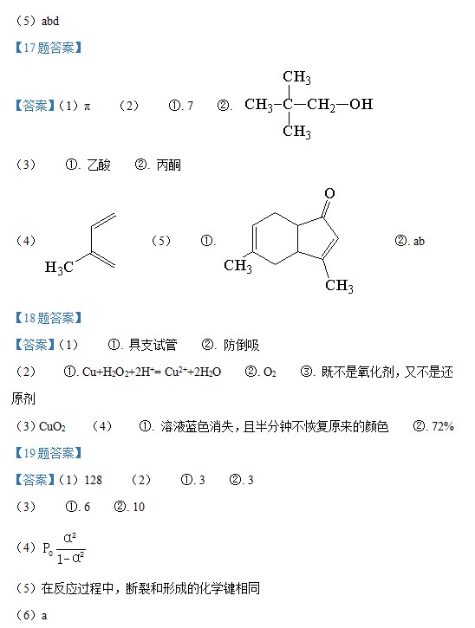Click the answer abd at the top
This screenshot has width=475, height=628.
(x=50, y=21)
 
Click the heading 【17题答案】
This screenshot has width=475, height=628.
(x=48, y=48)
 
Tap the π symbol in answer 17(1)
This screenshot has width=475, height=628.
(x=87, y=107)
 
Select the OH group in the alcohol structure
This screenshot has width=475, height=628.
(x=361, y=104)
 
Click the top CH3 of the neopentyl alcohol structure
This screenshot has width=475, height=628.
(x=296, y=77)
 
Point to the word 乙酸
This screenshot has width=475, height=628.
(x=99, y=165)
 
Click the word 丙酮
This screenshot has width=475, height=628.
(x=169, y=165)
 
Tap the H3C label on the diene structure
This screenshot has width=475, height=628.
(x=59, y=267)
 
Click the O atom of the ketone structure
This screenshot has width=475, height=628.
(x=329, y=193)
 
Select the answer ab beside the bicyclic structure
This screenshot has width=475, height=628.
(x=419, y=241)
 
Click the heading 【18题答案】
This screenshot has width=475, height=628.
(x=48, y=318)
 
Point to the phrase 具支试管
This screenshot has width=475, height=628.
(x=153, y=345)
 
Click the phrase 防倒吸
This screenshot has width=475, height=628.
(x=241, y=345)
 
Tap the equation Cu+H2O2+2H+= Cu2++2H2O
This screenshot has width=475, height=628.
(x=152, y=372)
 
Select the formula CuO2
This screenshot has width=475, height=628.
(x=53, y=426)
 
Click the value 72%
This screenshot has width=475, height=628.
(x=443, y=426)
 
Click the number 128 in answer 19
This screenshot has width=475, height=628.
(x=93, y=480)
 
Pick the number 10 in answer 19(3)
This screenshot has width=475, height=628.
(x=139, y=507)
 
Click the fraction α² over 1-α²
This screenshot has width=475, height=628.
(x=70, y=548)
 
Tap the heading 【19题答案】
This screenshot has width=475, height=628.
(x=48, y=453)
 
